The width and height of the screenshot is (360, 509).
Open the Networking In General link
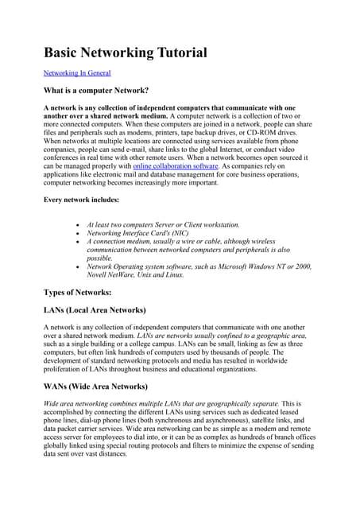coord(77,72)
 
